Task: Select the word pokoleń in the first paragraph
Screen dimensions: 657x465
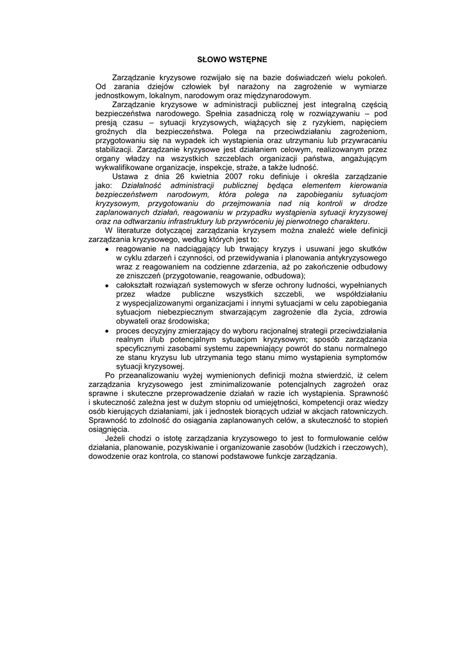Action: click(x=371, y=77)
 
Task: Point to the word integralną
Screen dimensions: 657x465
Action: click(x=337, y=103)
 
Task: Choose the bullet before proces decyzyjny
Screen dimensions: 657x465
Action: click(x=106, y=331)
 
